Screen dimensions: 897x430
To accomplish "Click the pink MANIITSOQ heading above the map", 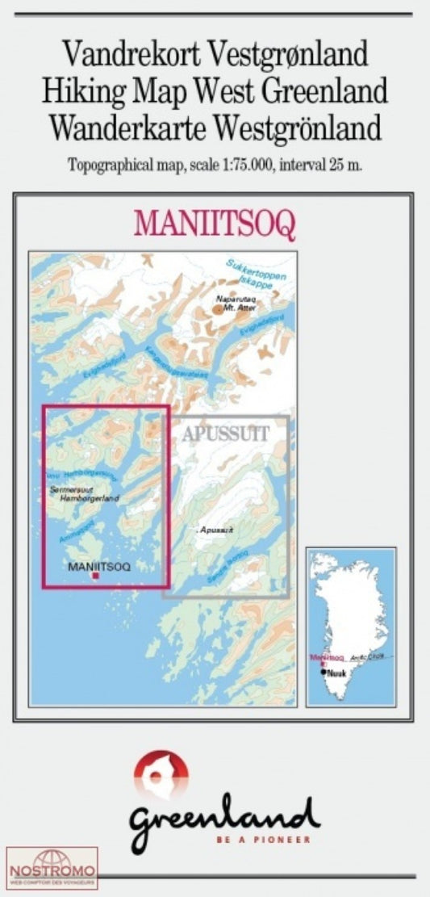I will point(215,224).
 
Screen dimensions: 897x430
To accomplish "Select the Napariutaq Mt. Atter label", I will point(235,303).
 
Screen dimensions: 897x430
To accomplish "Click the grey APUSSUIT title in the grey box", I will point(225,433).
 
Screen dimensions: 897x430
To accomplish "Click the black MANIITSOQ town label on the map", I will point(99,566).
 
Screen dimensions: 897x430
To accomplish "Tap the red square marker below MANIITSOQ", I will point(96,576).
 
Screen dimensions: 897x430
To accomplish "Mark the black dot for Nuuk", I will point(324,672).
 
